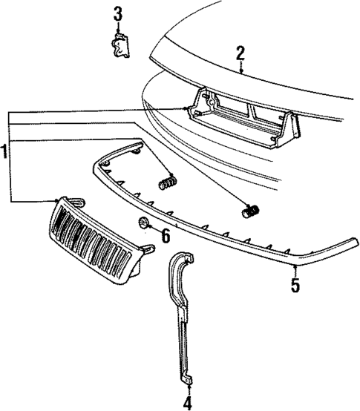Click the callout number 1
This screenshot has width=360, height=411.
(x=5, y=151)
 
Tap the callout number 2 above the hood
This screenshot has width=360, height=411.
(x=240, y=53)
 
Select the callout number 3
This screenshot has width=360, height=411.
(x=117, y=13)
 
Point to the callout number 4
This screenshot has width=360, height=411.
(x=187, y=403)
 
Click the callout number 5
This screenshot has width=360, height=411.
(x=295, y=284)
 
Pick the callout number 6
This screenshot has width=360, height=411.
(x=165, y=236)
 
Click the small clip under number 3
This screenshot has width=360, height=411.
(x=118, y=47)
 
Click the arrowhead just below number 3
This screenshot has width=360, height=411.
(x=117, y=30)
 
